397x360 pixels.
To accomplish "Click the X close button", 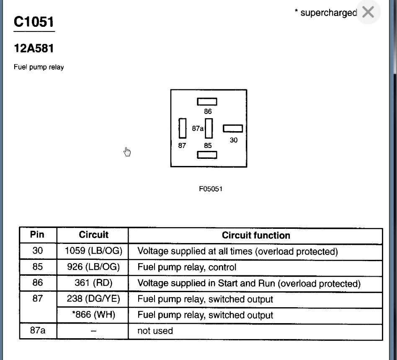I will [368, 13].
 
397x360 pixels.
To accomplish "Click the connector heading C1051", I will [34, 22].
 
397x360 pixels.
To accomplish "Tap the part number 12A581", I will [34, 49].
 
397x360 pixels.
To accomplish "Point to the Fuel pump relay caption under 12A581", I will [39, 67].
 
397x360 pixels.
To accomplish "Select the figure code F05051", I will [211, 189].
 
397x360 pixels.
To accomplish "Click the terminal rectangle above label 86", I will [207, 101].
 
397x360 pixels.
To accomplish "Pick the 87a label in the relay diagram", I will [198, 129].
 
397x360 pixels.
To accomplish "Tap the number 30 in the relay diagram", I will [234, 140].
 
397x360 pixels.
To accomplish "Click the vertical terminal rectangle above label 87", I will [182, 128].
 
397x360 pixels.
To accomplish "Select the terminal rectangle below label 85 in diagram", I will [207, 155].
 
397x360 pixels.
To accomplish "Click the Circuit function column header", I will [256, 236].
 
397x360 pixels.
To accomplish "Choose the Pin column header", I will [38, 235].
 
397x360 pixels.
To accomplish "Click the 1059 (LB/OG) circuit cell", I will [93, 251].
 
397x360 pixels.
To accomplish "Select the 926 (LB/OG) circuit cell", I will [93, 267].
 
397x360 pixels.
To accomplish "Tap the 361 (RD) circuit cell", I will [93, 283].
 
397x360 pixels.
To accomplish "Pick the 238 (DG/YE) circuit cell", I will [93, 299].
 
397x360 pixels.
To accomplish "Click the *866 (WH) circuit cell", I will [93, 315].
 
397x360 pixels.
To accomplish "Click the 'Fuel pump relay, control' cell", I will [187, 267].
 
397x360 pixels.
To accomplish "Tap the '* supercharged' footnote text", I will [325, 13].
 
